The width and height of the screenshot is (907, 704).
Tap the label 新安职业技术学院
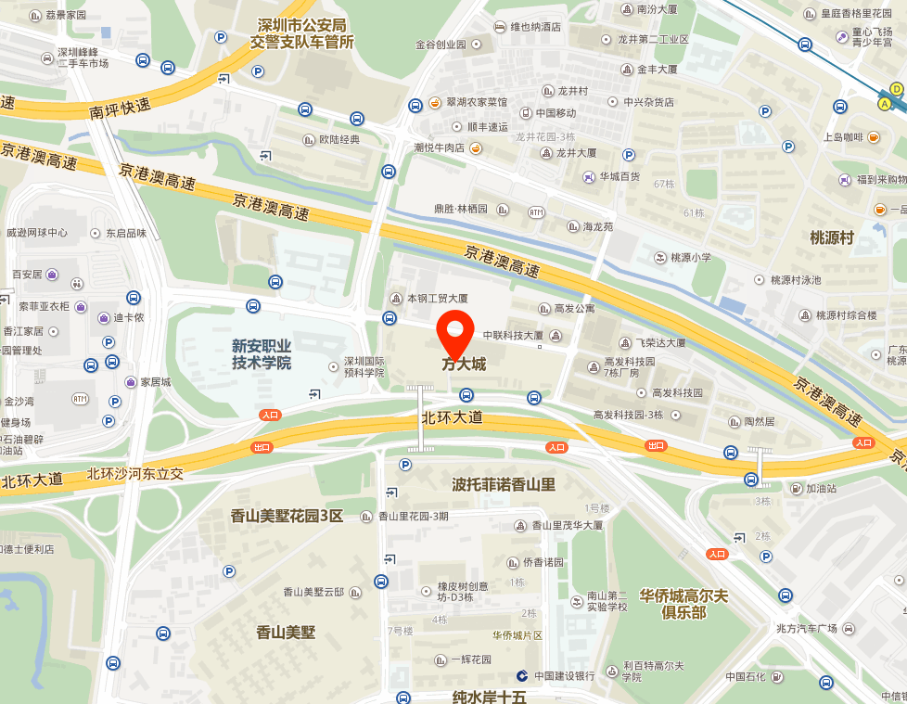262,354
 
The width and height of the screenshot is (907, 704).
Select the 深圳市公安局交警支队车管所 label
301,33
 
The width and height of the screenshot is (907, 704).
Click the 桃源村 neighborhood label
831,237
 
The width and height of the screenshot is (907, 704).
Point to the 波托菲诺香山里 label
503,484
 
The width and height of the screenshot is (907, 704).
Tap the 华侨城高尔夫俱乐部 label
684,604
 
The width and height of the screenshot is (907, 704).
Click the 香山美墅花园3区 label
287,516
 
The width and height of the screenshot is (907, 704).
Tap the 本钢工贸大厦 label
437,299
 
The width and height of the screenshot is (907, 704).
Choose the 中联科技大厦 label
512,336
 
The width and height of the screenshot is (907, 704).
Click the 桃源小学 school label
691,257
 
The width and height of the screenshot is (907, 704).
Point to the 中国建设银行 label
563,676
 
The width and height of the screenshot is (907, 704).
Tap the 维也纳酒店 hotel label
535,27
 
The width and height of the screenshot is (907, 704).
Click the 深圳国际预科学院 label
364,366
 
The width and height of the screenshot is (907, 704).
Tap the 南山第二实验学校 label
607,601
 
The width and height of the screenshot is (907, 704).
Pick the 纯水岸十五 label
489,697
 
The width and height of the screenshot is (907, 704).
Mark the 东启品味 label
125,234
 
